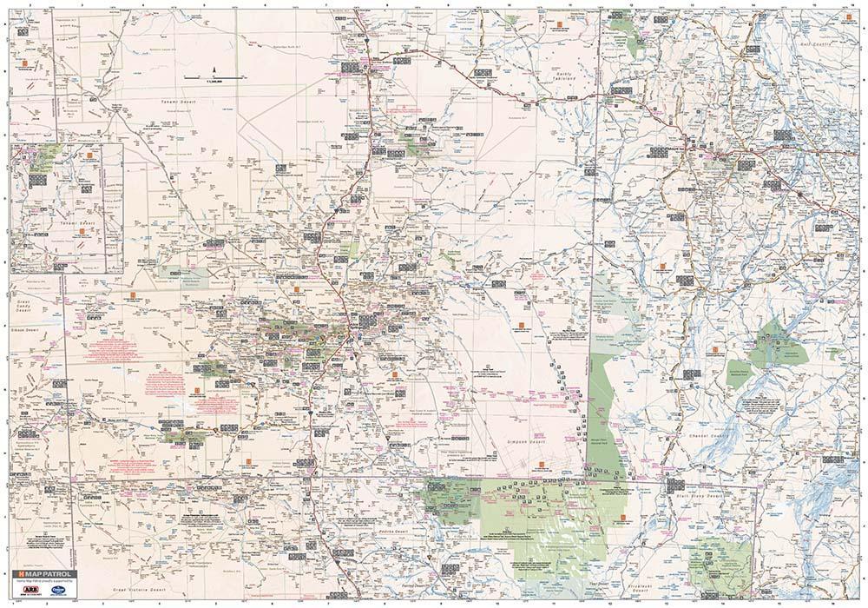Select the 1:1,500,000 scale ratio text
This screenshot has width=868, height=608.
click(214, 83)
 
